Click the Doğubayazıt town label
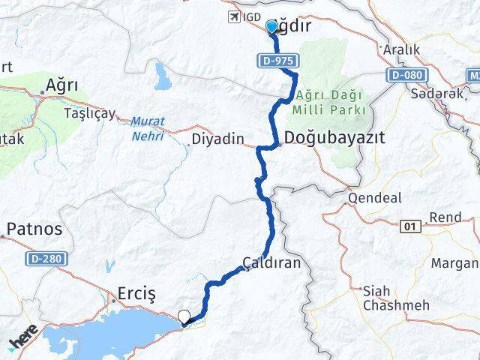tap(335, 138)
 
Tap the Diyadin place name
tap(218, 139)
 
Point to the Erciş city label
tap(136, 294)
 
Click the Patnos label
tap(34, 228)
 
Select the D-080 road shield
tap(405, 75)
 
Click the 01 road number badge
tap(409, 224)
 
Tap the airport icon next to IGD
tap(233, 16)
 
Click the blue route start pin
tap(271, 27)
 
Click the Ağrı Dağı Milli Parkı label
tap(330, 103)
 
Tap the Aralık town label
tap(401, 49)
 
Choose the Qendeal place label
tap(372, 199)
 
